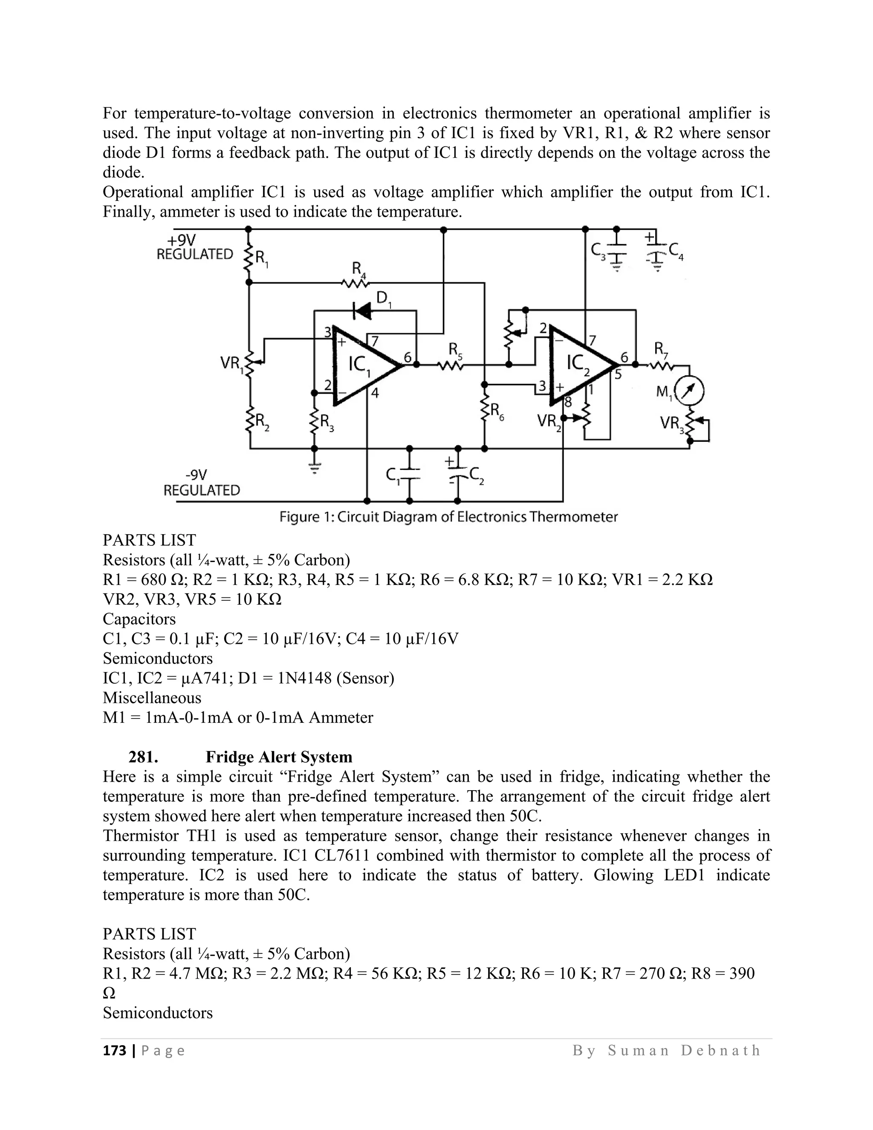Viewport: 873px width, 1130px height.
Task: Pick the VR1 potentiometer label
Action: coord(231,364)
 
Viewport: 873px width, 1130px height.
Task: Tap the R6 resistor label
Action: coord(497,412)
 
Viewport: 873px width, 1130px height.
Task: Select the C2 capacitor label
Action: coord(476,475)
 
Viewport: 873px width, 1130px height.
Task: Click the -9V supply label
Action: coord(196,475)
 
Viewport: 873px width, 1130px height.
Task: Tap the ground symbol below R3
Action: coord(314,467)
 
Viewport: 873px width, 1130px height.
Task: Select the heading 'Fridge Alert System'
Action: coord(279,757)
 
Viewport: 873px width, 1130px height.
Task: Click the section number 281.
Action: coord(143,757)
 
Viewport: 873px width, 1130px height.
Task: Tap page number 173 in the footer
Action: coord(115,1050)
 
